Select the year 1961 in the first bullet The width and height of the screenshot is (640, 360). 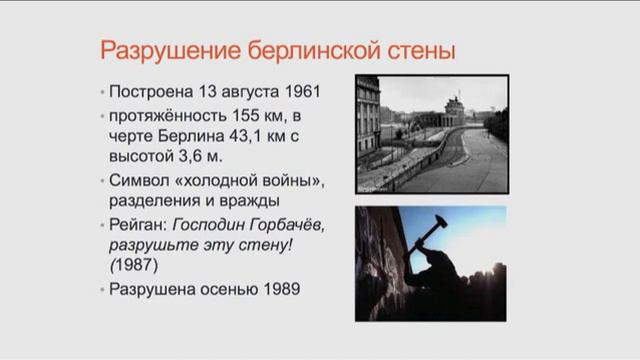295,92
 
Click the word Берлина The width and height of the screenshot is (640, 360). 189,136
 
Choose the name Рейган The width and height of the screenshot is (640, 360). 143,224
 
